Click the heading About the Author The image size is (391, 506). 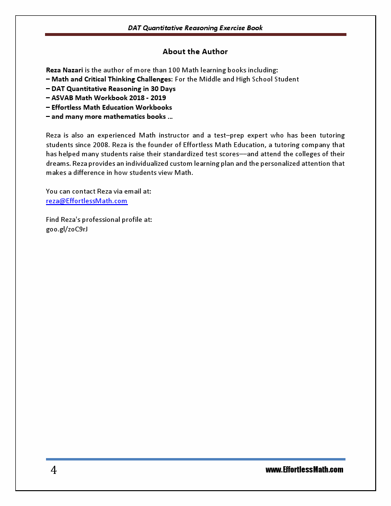[x=195, y=51]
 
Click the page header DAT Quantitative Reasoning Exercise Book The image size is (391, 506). [x=195, y=28]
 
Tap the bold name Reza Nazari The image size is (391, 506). [x=64, y=70]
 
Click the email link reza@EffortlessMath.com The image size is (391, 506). [x=87, y=201]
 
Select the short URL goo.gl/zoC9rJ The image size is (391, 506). [x=67, y=229]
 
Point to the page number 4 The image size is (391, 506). [x=54, y=470]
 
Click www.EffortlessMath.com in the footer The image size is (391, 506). [x=304, y=470]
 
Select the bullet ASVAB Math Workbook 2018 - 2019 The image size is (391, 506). [x=106, y=98]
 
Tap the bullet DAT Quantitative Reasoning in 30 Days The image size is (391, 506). [x=111, y=89]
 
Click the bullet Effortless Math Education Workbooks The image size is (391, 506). [x=109, y=107]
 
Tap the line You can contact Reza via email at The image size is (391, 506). [x=98, y=191]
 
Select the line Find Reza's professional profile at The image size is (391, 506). [x=99, y=219]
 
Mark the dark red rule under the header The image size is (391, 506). [x=195, y=34]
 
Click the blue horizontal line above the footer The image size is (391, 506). [x=195, y=459]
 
